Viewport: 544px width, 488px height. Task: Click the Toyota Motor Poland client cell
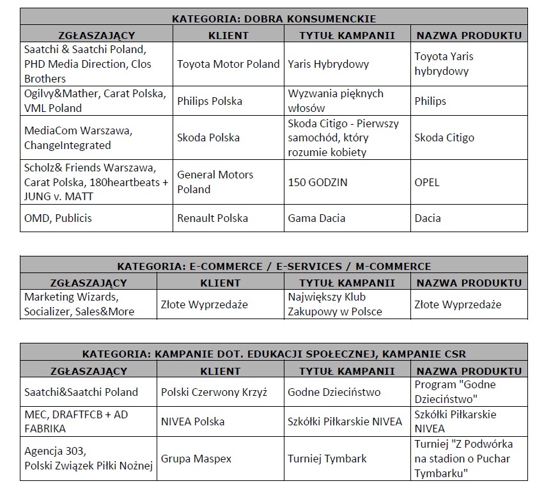click(228, 64)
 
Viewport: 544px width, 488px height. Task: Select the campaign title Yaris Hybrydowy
click(328, 64)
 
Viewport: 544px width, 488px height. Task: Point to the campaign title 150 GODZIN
click(318, 182)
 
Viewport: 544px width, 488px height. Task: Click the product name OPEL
click(427, 182)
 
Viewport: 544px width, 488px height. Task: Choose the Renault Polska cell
click(212, 218)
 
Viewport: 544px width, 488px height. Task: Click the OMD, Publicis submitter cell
click(58, 218)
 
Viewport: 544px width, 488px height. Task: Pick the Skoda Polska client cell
click(208, 138)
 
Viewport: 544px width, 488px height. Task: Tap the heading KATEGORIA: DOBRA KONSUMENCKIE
click(274, 18)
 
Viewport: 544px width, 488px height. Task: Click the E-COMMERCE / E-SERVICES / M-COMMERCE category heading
click(274, 266)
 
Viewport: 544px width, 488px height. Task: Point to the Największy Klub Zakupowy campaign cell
click(335, 304)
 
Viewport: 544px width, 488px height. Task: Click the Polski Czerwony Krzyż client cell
click(214, 392)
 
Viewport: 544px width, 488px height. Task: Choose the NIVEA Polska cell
click(192, 421)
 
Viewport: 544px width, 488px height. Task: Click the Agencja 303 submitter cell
click(88, 459)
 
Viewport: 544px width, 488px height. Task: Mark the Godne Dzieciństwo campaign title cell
click(334, 392)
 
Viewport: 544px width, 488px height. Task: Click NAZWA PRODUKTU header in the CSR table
click(469, 371)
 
